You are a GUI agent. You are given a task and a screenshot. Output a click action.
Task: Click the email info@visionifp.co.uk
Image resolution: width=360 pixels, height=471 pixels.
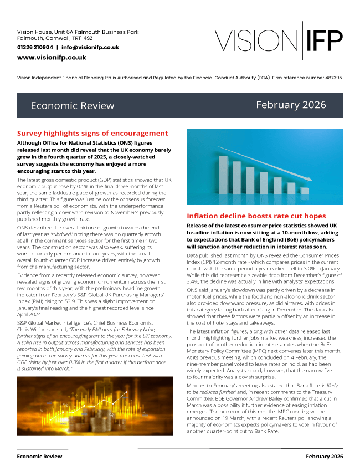tap(90, 48)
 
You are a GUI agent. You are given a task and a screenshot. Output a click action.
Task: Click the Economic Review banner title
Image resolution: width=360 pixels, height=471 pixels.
tap(72, 106)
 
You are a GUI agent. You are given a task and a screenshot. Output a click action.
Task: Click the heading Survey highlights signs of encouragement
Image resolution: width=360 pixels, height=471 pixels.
tap(92, 134)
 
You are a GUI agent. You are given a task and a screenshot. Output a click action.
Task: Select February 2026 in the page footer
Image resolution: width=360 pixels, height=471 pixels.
tap(324, 457)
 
